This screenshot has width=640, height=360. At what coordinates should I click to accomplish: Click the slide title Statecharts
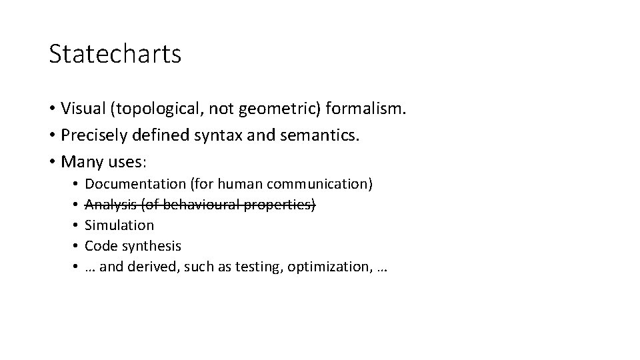115,54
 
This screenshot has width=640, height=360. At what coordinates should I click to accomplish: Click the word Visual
81,107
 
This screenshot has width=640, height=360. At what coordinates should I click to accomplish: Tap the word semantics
321,135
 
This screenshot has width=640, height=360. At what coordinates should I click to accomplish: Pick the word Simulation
120,225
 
